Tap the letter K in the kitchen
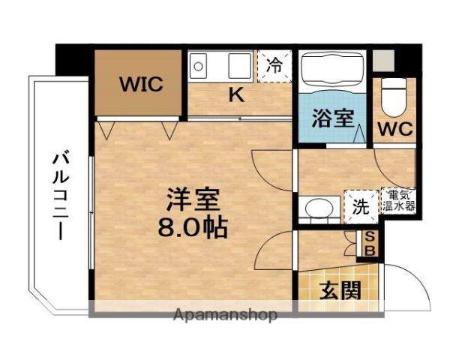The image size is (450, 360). pos(235,94)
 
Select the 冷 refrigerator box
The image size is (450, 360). pos(276,64)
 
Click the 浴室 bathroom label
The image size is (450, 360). pos(333,118)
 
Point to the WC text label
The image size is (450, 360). pos(394,128)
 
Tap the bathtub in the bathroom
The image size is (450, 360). pos(333,71)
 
